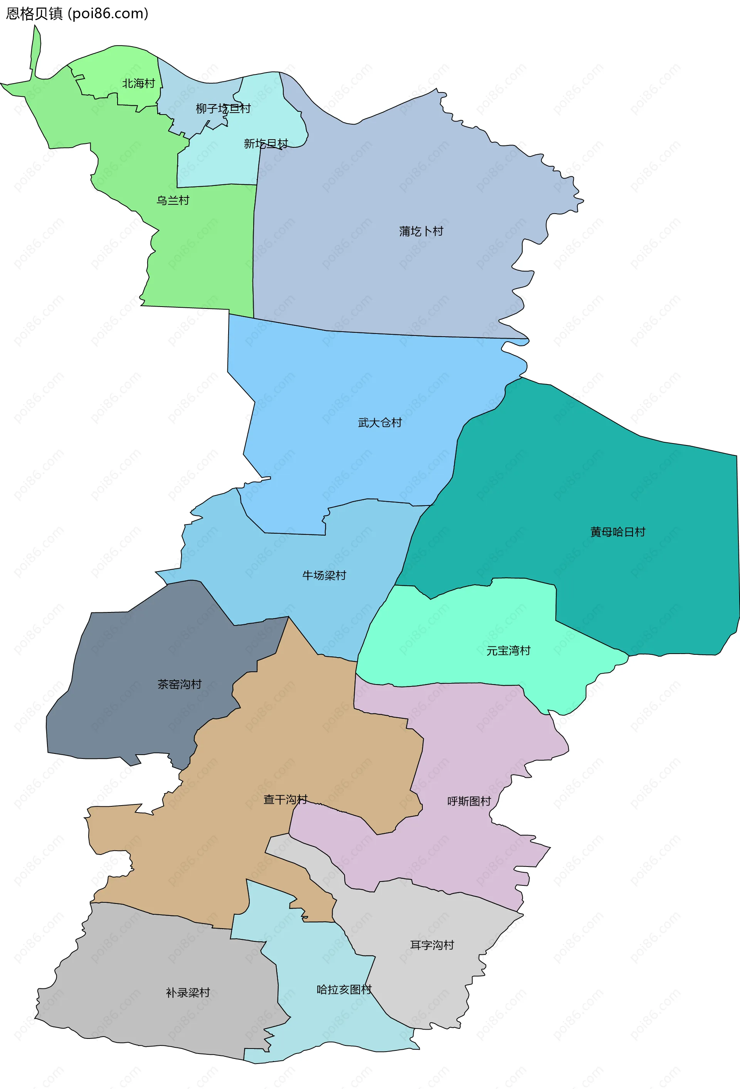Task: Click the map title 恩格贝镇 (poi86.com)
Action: point(77,13)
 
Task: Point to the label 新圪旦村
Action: point(266,143)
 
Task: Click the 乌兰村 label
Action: point(173,201)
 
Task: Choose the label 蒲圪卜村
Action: point(421,231)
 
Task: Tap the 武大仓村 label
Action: point(380,423)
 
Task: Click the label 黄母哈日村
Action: point(618,532)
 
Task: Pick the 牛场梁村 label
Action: point(324,575)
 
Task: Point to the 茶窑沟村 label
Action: point(179,684)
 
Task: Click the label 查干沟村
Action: point(285,799)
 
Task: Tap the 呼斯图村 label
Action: point(469,801)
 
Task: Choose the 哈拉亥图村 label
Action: point(344,990)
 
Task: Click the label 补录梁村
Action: point(188,993)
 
